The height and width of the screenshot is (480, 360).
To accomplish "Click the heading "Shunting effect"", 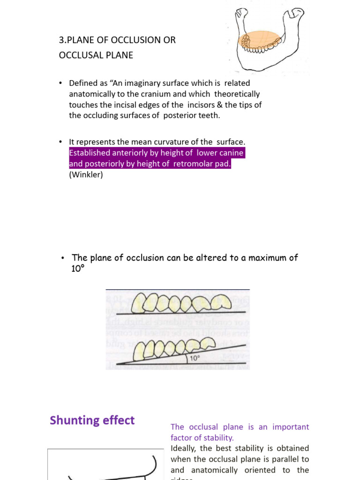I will pyautogui.click(x=92, y=420).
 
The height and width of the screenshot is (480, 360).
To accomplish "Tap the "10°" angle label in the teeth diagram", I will pyautogui.click(x=194, y=359).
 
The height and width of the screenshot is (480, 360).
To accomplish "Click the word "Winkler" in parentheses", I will pyautogui.click(x=86, y=175).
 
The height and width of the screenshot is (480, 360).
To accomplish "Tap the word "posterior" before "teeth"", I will pyautogui.click(x=179, y=115).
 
